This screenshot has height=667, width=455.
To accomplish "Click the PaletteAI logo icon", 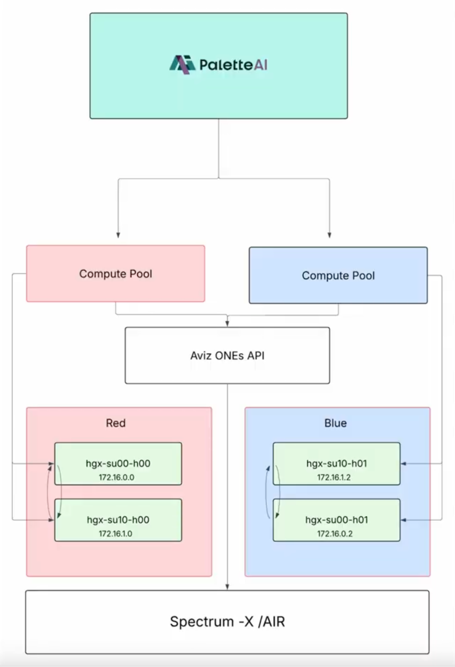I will pos(182,65).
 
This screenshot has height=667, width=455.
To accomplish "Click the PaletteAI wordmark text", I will pos(233,65).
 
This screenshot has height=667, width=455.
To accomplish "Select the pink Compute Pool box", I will pos(116,273).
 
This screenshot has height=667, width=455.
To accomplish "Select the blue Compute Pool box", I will pos(338,276).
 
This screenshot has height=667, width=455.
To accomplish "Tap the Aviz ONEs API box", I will pos(227,356).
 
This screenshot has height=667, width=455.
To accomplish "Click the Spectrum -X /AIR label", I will pos(227,622).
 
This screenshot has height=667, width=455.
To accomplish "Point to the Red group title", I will pos(116,423).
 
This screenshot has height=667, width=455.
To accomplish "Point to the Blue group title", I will pos(335,423).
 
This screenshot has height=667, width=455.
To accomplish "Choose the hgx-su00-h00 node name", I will pos(118,464).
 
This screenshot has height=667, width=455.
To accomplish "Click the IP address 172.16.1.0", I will pos(116,534).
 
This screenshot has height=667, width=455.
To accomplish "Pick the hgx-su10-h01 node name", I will pos(337,464).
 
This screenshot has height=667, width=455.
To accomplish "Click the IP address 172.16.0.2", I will pos(335,534).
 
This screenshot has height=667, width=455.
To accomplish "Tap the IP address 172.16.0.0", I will pos(116,477).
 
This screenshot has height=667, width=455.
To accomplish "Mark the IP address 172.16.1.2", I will pos(334,477).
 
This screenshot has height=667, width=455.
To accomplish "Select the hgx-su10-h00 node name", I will pos(118,520).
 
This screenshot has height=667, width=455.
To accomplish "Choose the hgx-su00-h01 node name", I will pos(337,520).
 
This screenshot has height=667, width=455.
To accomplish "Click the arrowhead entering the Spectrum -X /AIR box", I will pos(227,587).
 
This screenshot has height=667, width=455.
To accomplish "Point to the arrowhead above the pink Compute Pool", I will pos(118,235).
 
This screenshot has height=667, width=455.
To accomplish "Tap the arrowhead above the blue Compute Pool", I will pos(329,235).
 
